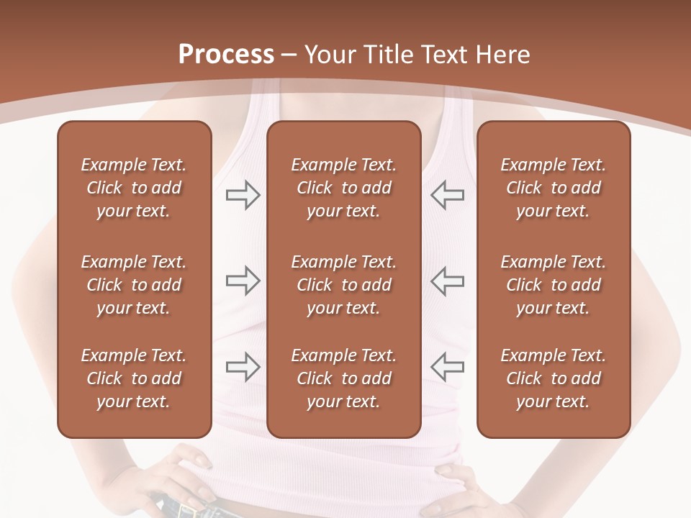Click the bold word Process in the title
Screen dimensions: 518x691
click(x=226, y=55)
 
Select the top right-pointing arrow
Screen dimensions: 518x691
click(x=243, y=195)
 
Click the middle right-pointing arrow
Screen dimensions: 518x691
click(x=243, y=281)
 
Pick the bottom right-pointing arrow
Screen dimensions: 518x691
click(x=243, y=366)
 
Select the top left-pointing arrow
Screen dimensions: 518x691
click(x=448, y=195)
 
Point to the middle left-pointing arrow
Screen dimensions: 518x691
click(x=448, y=281)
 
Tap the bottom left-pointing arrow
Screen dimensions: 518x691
click(x=448, y=366)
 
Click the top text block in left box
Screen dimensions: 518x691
click(x=134, y=188)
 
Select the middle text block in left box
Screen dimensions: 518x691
click(x=134, y=285)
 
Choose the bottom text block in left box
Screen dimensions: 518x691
click(x=134, y=378)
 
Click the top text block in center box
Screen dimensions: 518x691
click(x=344, y=188)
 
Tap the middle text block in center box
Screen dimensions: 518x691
click(x=344, y=285)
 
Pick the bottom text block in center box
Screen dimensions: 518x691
click(x=344, y=378)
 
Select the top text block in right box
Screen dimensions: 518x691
click(x=554, y=188)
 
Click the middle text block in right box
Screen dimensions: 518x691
click(x=554, y=285)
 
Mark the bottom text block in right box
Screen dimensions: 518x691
click(x=554, y=378)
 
